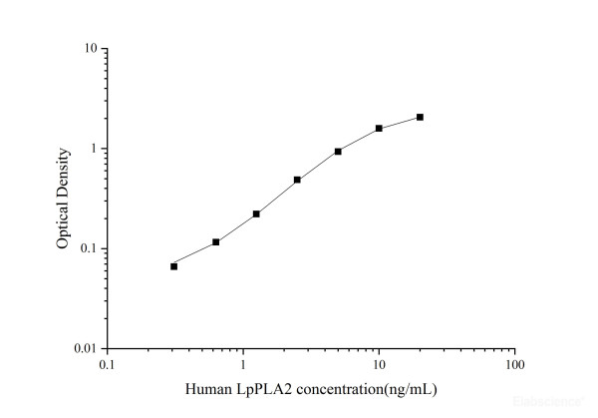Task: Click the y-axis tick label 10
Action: coord(90,49)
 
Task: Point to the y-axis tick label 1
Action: coord(93,149)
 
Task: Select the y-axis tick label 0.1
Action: coord(88,248)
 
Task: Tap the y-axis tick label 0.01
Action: coord(85,348)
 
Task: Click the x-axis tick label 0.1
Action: coord(107,365)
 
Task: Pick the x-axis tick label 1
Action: coord(243,365)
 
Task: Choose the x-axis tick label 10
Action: coord(379,365)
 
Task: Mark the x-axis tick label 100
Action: coord(514,365)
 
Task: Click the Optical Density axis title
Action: coord(63,199)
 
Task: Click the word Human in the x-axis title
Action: coord(205,387)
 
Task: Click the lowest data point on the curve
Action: coord(173,266)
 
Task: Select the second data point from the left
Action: coord(215,241)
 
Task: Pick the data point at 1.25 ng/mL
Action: coord(256,213)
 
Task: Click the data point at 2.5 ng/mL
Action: coord(297,180)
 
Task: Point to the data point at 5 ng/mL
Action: coord(338,151)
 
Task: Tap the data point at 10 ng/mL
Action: coord(379,129)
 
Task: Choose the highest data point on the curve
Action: coord(420,117)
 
